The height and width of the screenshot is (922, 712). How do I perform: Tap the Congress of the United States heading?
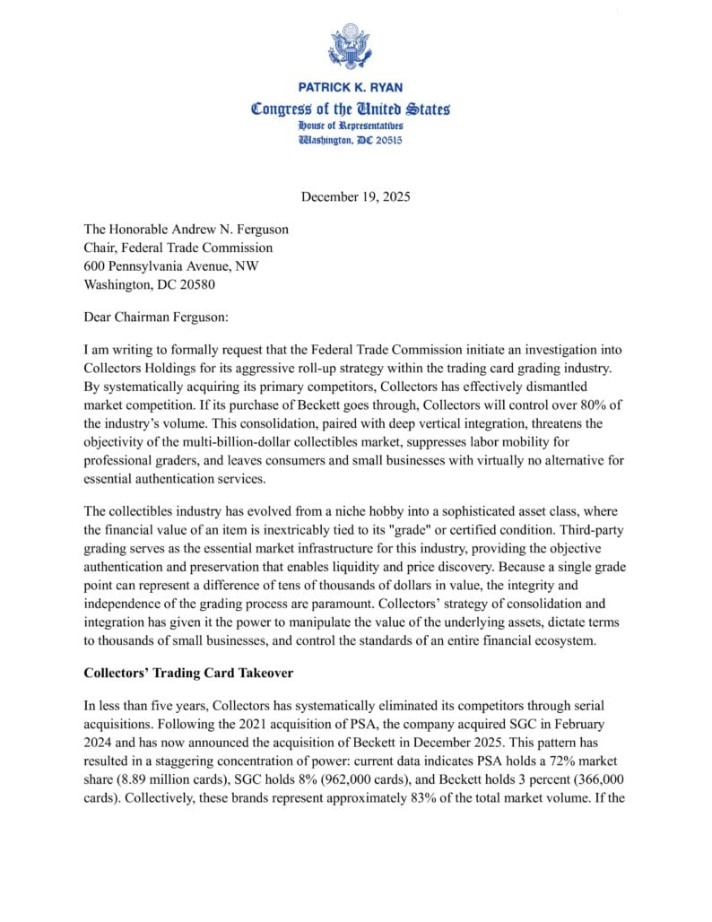tap(351, 109)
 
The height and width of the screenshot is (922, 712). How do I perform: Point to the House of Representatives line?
tap(351, 126)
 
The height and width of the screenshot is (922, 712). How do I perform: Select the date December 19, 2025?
tap(355, 196)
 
